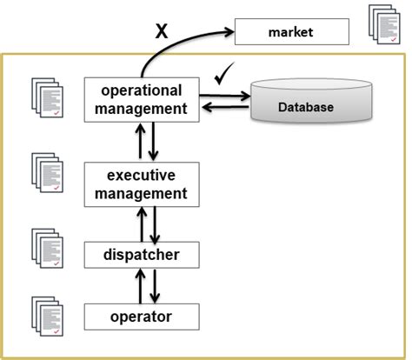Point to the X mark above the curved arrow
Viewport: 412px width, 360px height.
[x=161, y=32]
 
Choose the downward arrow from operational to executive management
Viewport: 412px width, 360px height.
[x=153, y=142]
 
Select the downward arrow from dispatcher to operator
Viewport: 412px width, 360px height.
[x=153, y=284]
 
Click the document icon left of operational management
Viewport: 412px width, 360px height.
[x=48, y=98]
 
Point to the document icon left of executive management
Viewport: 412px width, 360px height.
[x=48, y=173]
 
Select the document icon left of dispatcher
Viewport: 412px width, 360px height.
[x=48, y=248]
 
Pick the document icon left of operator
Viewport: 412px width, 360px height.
[x=48, y=314]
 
